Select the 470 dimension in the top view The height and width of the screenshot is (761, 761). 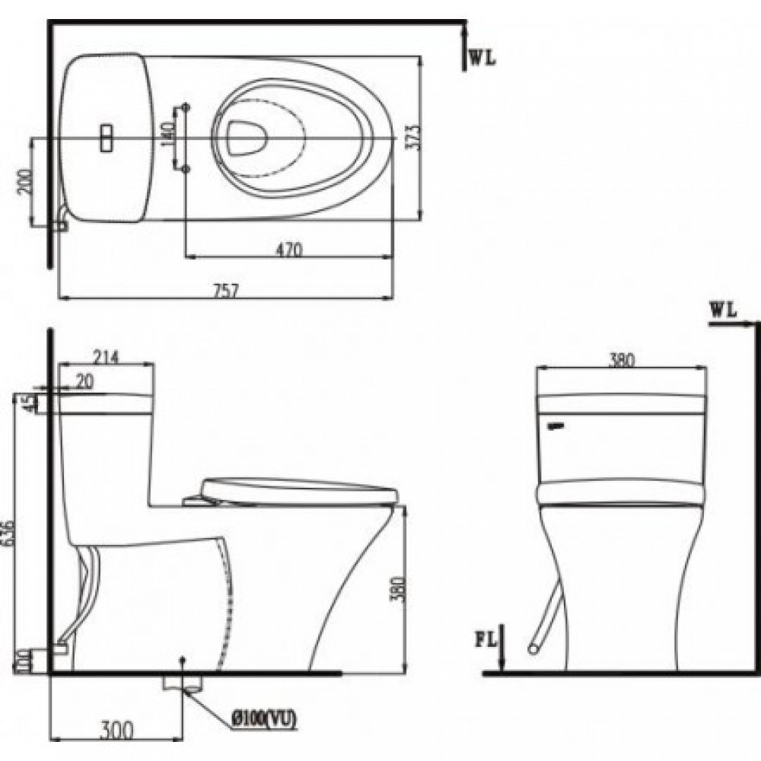[289, 248]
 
